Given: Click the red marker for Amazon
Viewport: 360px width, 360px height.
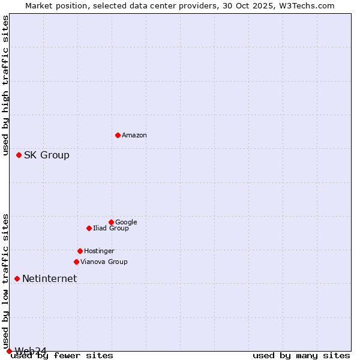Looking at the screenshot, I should click(118, 135).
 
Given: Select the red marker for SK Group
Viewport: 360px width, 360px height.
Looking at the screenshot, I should click(19, 155).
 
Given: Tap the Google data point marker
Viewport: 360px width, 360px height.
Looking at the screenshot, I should click(111, 222).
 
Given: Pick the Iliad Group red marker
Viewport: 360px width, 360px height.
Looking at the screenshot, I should click(89, 228).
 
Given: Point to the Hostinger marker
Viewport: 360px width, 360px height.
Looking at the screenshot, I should click(80, 251).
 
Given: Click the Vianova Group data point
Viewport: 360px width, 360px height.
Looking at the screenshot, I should click(76, 262).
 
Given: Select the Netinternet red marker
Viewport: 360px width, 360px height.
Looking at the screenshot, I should click(17, 278).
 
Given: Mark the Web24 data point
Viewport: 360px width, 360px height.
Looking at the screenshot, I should click(9, 351).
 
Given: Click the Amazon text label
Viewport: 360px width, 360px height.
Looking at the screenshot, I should click(134, 135).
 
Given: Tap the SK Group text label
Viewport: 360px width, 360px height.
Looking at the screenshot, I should click(47, 155).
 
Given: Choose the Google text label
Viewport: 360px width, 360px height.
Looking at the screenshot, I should click(126, 222).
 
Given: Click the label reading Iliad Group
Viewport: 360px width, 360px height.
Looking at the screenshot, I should click(111, 228).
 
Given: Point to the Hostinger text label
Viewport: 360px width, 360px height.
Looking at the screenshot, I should click(99, 251).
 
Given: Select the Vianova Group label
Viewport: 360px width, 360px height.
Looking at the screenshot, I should click(104, 262).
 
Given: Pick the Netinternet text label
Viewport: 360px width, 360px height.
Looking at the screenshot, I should click(49, 278).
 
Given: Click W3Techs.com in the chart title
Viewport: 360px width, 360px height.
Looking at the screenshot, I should click(310, 6).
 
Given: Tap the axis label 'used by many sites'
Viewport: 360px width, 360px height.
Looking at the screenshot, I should click(301, 356).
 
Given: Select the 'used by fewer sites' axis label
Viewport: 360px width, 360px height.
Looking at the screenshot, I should click(62, 356).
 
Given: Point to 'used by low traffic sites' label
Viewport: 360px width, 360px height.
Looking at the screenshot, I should click(6, 281).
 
